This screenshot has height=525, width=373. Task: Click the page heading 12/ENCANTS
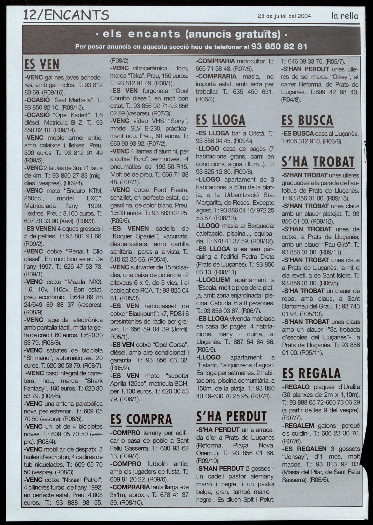click(66, 15)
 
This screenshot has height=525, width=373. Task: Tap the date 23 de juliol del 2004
click(284, 16)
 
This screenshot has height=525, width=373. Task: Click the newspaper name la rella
click(345, 16)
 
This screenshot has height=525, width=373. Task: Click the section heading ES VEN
click(42, 64)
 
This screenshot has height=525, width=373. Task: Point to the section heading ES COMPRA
click(141, 419)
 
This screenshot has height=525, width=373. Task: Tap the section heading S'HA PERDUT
click(231, 416)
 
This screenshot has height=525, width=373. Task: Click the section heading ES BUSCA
click(307, 120)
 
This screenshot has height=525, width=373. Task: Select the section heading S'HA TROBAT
click(318, 162)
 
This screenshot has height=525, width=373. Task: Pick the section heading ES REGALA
click(312, 374)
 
